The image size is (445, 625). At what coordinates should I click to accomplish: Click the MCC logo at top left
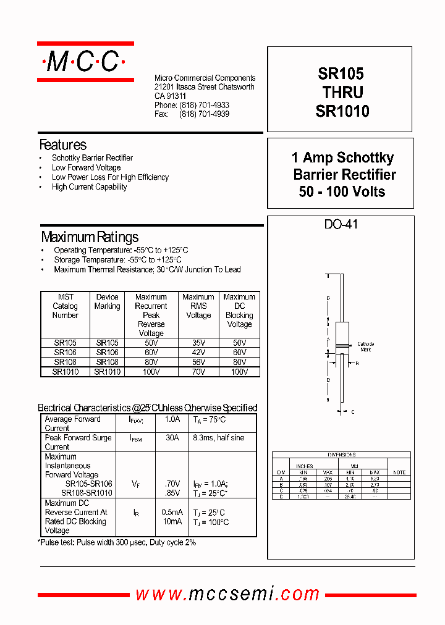pos(85,62)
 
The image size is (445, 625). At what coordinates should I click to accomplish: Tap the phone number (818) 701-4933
pos(204,106)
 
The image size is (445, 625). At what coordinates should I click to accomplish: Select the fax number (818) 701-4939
pos(204,114)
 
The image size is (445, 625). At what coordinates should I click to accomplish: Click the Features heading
pos(63,145)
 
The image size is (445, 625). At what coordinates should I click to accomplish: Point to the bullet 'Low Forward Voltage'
pos(86,167)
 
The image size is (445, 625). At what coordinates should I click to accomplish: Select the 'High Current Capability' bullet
pos(89,187)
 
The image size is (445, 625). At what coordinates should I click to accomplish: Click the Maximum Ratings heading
pos(90,237)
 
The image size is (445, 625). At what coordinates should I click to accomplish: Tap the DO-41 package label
pos(341,224)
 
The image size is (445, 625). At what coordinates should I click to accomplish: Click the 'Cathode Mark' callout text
pos(365,346)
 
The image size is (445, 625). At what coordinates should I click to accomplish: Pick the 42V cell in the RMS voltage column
pos(198,352)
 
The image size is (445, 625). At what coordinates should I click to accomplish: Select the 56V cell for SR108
pos(198,362)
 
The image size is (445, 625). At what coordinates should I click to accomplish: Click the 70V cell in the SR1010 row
pos(198,372)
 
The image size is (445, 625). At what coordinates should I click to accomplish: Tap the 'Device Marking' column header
pos(107,301)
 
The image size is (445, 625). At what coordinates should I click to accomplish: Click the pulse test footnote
pos(117,542)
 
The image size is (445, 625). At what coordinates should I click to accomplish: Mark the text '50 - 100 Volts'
pos(342,192)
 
